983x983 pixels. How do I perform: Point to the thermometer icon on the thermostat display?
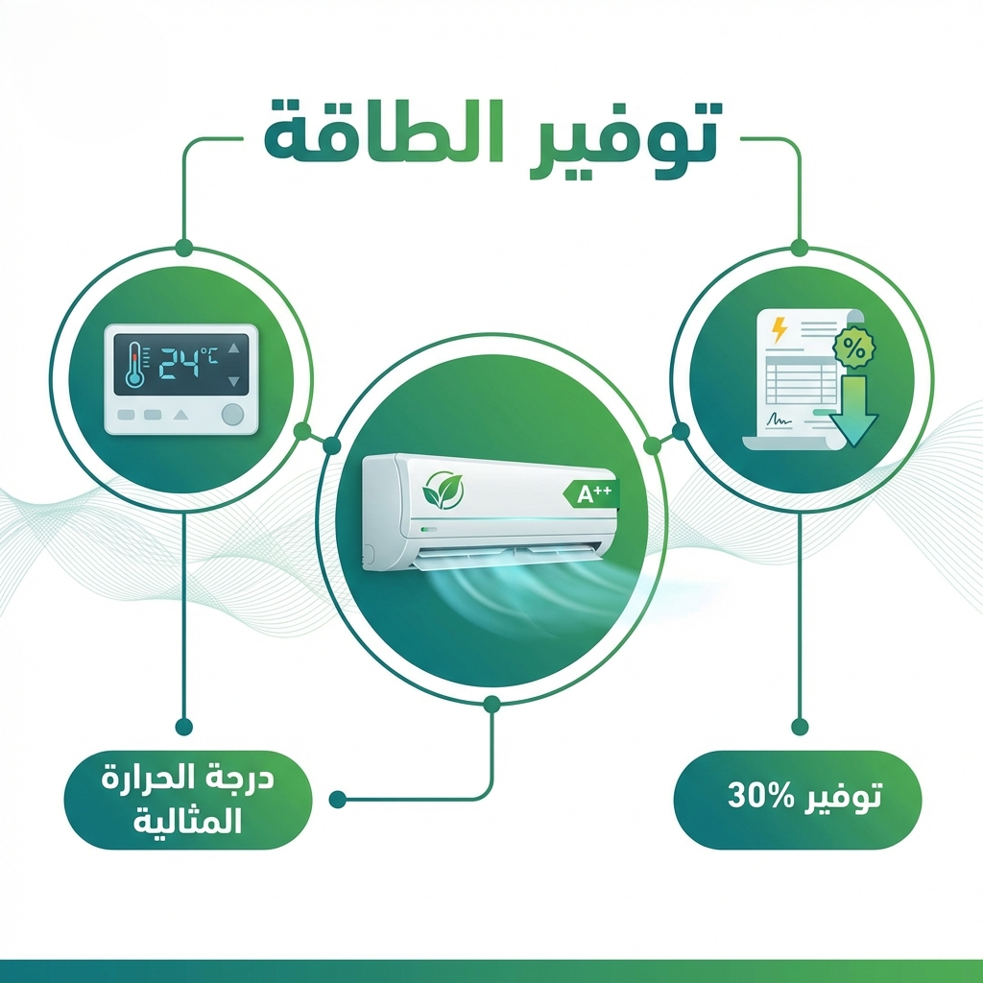coord(133,366)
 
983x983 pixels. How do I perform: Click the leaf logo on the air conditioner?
coord(444,491)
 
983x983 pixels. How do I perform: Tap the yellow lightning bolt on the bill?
coord(779,329)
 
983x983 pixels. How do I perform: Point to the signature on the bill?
coord(779,421)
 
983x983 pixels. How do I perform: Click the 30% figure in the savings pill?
coord(756,797)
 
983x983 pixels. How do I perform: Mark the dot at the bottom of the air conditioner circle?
coord(491,705)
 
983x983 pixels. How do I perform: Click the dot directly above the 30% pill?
coord(798,726)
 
